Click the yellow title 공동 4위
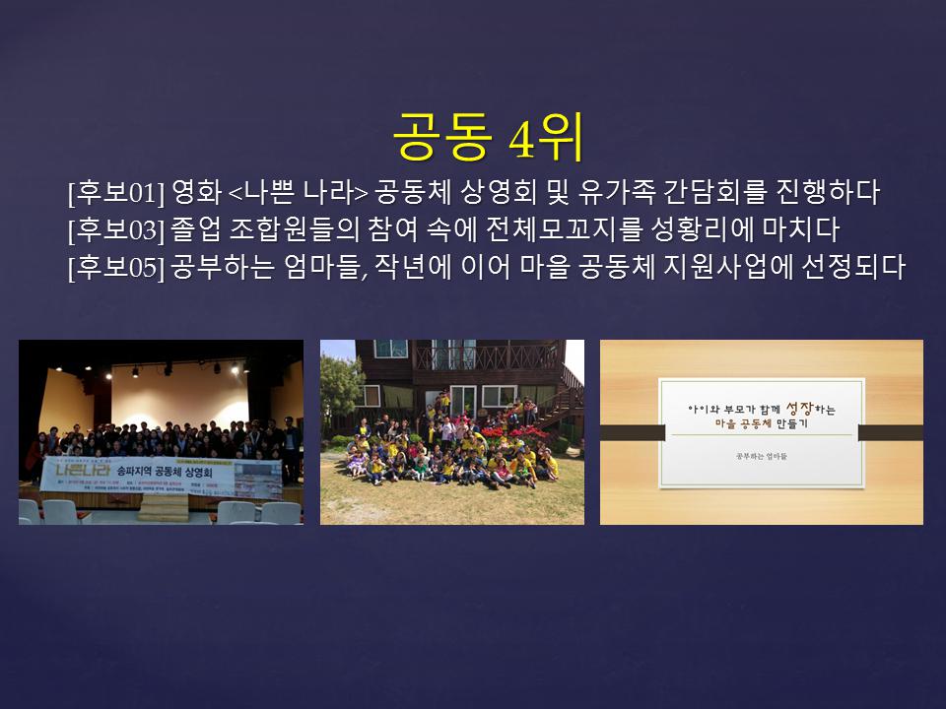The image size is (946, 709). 489,137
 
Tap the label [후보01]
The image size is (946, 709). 115,193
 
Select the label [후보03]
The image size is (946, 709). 115,230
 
